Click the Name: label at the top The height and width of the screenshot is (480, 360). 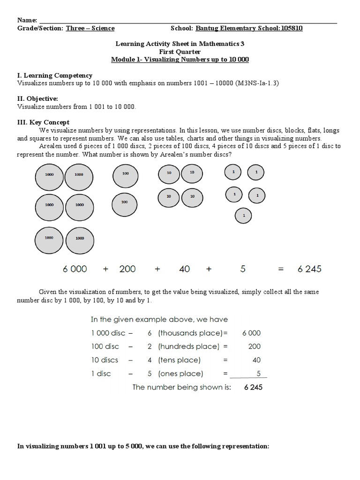(27, 20)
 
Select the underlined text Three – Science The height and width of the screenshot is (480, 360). (90, 28)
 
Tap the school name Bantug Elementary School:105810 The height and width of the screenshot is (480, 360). (248, 28)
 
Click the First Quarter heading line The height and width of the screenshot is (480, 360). (180, 52)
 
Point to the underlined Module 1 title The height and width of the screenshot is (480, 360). (180, 60)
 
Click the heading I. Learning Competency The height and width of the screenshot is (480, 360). (55, 75)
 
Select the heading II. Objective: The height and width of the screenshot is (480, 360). (37, 98)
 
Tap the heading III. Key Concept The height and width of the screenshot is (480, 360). (43, 122)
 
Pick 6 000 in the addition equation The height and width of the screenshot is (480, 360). (75, 269)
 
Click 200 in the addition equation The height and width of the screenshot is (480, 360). (127, 269)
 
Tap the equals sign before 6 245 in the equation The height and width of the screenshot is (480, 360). (281, 269)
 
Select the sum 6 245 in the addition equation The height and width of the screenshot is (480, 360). (309, 269)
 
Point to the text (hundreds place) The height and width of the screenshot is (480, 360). (188, 346)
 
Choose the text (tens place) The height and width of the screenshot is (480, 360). (179, 360)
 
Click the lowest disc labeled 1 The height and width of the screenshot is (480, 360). (243, 216)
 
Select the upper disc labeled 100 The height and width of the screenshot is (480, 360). (125, 174)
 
